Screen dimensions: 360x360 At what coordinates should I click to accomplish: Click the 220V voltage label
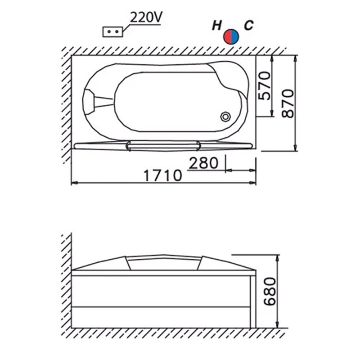tap(146, 17)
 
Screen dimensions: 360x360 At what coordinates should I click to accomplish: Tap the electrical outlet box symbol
tap(113, 31)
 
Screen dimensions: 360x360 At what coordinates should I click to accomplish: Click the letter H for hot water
tap(217, 25)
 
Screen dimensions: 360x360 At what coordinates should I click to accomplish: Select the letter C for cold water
tap(249, 25)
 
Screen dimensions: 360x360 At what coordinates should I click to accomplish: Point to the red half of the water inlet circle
tap(228, 37)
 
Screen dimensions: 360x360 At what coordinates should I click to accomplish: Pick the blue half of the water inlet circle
tap(235, 37)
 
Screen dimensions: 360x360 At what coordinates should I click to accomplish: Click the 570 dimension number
tap(264, 85)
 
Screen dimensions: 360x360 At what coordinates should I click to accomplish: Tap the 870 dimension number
tap(288, 103)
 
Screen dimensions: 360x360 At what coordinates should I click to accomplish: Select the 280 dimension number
tap(203, 163)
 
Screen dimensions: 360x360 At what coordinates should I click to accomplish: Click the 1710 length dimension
tap(163, 175)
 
